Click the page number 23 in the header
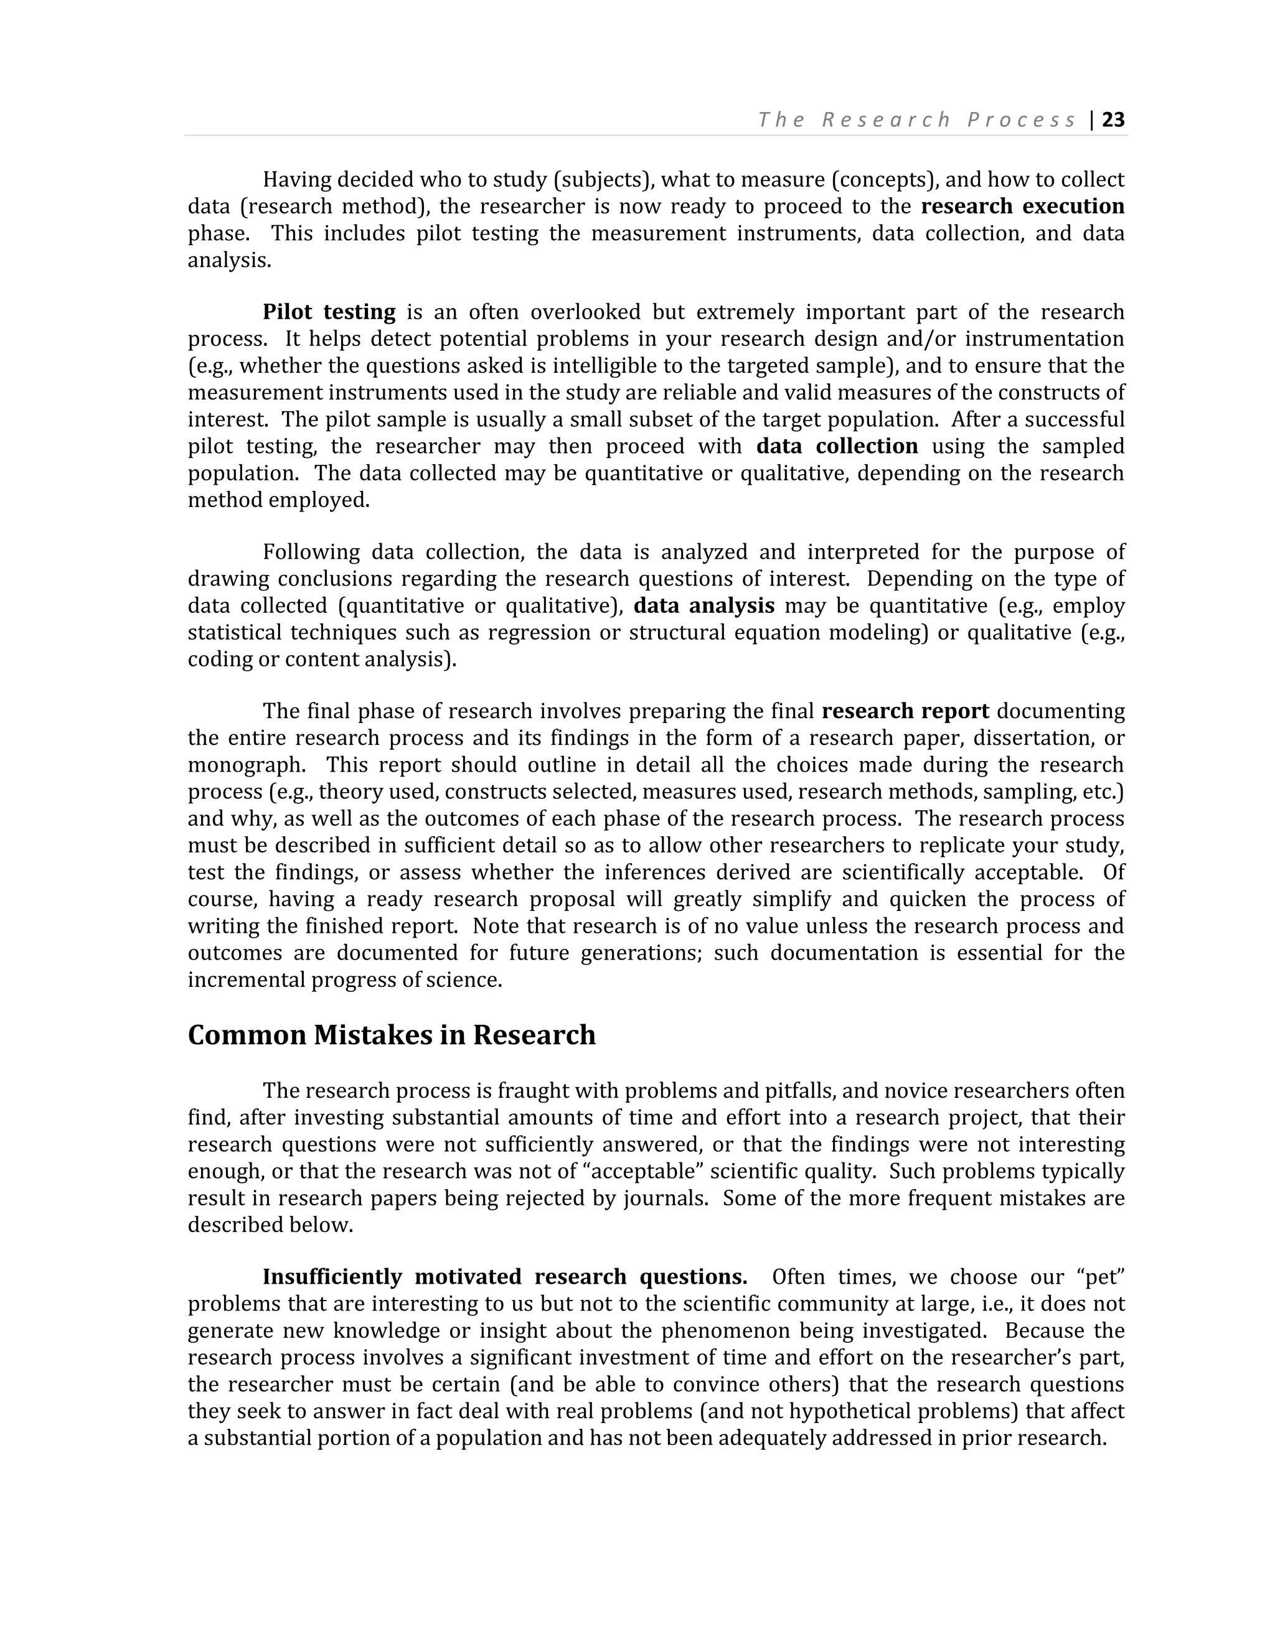[x=1113, y=120]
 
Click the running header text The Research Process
[x=917, y=120]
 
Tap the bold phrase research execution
[x=1022, y=206]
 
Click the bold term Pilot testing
[x=329, y=312]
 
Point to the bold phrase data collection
[x=836, y=446]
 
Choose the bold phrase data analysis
[x=703, y=605]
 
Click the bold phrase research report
[x=905, y=711]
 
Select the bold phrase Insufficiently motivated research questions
[x=504, y=1277]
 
